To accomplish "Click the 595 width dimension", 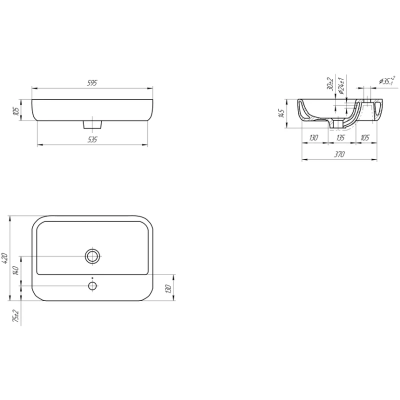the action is pos(92,83).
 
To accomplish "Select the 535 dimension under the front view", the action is pos(92,139).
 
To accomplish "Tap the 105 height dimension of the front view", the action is pos(16,110).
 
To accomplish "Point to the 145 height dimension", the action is pos(281,113).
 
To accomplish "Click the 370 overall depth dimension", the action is pos(339,154).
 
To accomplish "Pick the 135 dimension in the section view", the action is pos(340,137).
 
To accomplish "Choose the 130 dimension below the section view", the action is pos(313,137).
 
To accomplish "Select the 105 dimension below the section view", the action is pos(365,137).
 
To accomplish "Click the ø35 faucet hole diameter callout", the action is pos(387,81).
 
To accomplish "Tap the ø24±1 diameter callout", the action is pos(341,84).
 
